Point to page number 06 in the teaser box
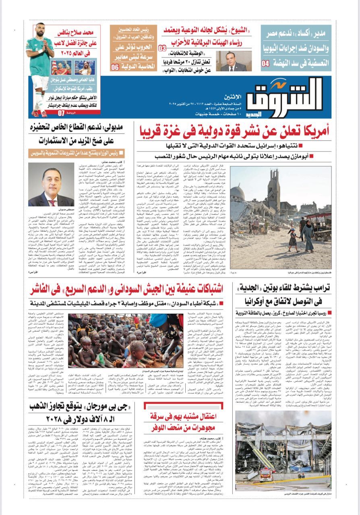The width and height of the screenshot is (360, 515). [115, 67]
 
